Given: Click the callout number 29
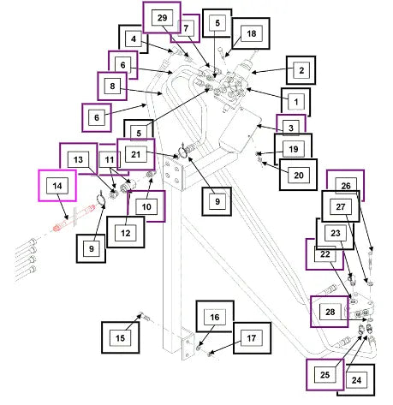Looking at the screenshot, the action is pyautogui.click(x=162, y=18).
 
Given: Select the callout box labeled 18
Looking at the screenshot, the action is pyautogui.click(x=251, y=33).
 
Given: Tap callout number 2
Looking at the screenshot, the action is pyautogui.click(x=301, y=70).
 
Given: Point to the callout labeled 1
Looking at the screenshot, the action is pyautogui.click(x=296, y=102).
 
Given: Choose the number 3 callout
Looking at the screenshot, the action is pyautogui.click(x=291, y=128).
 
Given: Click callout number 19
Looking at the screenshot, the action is pyautogui.click(x=294, y=149).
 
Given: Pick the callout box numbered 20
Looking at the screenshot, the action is pyautogui.click(x=298, y=175).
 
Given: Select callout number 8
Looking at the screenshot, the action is pyautogui.click(x=112, y=86).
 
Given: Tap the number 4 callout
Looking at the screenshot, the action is pyautogui.click(x=134, y=39).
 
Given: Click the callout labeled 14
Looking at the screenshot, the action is pyautogui.click(x=57, y=186).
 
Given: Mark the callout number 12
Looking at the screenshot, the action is pyautogui.click(x=126, y=232).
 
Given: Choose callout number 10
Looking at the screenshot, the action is pyautogui.click(x=146, y=206).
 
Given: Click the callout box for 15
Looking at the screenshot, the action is pyautogui.click(x=121, y=337).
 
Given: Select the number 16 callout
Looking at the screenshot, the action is pyautogui.click(x=215, y=317).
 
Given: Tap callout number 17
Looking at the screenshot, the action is pyautogui.click(x=252, y=338).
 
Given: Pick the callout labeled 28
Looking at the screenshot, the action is pyautogui.click(x=330, y=312).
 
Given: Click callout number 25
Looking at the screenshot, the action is pyautogui.click(x=325, y=375).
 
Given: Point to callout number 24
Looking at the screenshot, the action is pyautogui.click(x=356, y=380).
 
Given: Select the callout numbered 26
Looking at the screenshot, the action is pyautogui.click(x=345, y=186).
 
